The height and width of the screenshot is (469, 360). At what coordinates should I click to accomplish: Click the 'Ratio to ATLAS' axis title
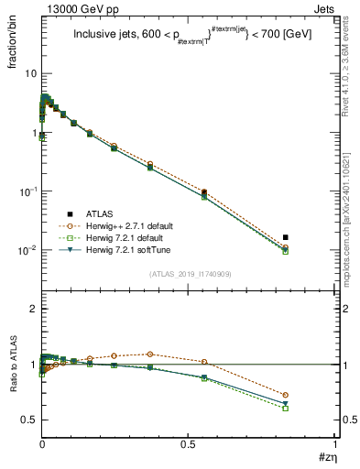coord(12,390)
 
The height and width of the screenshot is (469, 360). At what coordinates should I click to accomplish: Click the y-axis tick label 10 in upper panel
coord(29,73)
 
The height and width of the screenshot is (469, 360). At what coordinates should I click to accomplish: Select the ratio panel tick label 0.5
coord(27,420)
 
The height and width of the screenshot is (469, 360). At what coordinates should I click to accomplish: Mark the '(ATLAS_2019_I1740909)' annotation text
coord(190,274)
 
